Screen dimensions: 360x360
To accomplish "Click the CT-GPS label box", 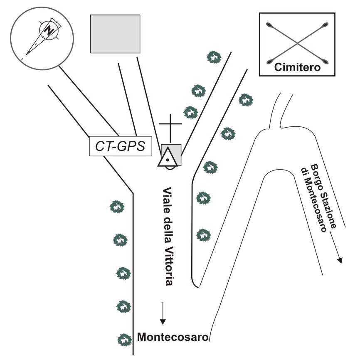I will pos(120,147).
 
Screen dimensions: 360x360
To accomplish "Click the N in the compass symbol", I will pos(49,30).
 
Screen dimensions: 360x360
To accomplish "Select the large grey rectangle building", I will pos(115,34).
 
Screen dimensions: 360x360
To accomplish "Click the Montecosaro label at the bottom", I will pos(173,337).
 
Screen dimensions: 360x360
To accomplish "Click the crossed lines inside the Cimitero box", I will pos(297,41).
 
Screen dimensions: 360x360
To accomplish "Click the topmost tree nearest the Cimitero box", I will pos(214,57).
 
